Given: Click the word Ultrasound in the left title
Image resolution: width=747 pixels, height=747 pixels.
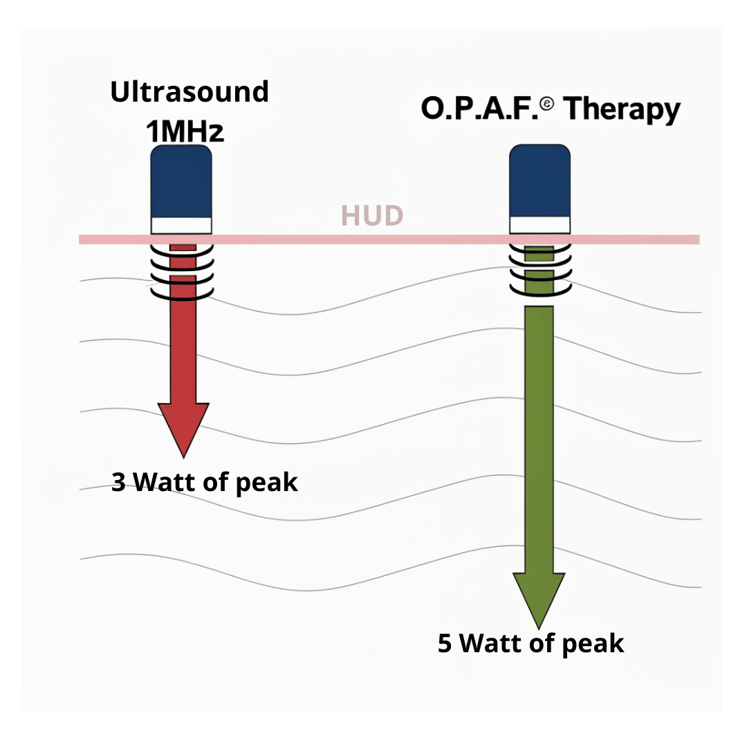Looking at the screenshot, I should pyautogui.click(x=190, y=92).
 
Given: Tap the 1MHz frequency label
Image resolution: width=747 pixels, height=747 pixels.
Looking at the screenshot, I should pyautogui.click(x=185, y=131).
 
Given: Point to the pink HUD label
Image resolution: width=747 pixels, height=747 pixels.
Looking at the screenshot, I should pyautogui.click(x=371, y=216).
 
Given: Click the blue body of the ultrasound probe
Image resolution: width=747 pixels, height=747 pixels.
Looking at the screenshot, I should pyautogui.click(x=181, y=181).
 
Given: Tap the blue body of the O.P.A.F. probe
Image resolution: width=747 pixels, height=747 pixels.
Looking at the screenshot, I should pyautogui.click(x=539, y=181).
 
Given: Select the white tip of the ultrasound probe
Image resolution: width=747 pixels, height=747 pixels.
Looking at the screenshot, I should pyautogui.click(x=181, y=225).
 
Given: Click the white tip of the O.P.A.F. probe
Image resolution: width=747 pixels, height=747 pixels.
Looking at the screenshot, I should pyautogui.click(x=539, y=225).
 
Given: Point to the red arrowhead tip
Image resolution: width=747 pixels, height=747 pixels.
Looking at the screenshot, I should pyautogui.click(x=183, y=453).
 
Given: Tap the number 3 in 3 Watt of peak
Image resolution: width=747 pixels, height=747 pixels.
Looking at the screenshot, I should pyautogui.click(x=118, y=482).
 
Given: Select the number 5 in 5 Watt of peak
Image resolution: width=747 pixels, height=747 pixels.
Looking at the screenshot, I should pyautogui.click(x=445, y=643).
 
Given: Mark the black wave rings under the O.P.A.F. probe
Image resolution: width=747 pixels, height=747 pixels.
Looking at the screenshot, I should pyautogui.click(x=539, y=271).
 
